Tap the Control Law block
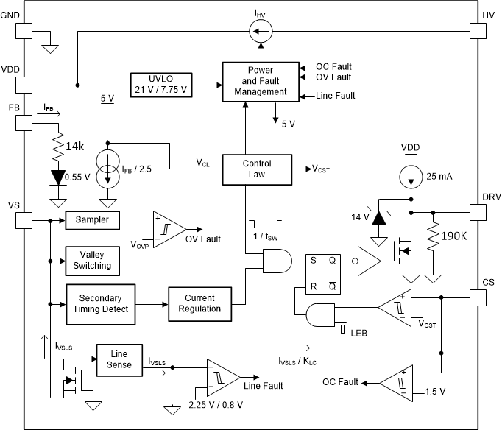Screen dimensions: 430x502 (257, 169)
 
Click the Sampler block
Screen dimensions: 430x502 (92, 219)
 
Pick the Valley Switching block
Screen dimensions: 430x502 (92, 260)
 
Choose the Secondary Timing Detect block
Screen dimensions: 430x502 (101, 303)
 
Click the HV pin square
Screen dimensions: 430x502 (478, 30)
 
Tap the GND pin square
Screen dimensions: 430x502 (24, 30)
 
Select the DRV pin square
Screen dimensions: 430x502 (478, 211)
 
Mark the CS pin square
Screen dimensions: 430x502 (478, 297)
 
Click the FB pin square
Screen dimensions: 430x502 (24, 123)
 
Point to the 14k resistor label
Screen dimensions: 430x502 (75, 147)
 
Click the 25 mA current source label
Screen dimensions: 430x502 (440, 177)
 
